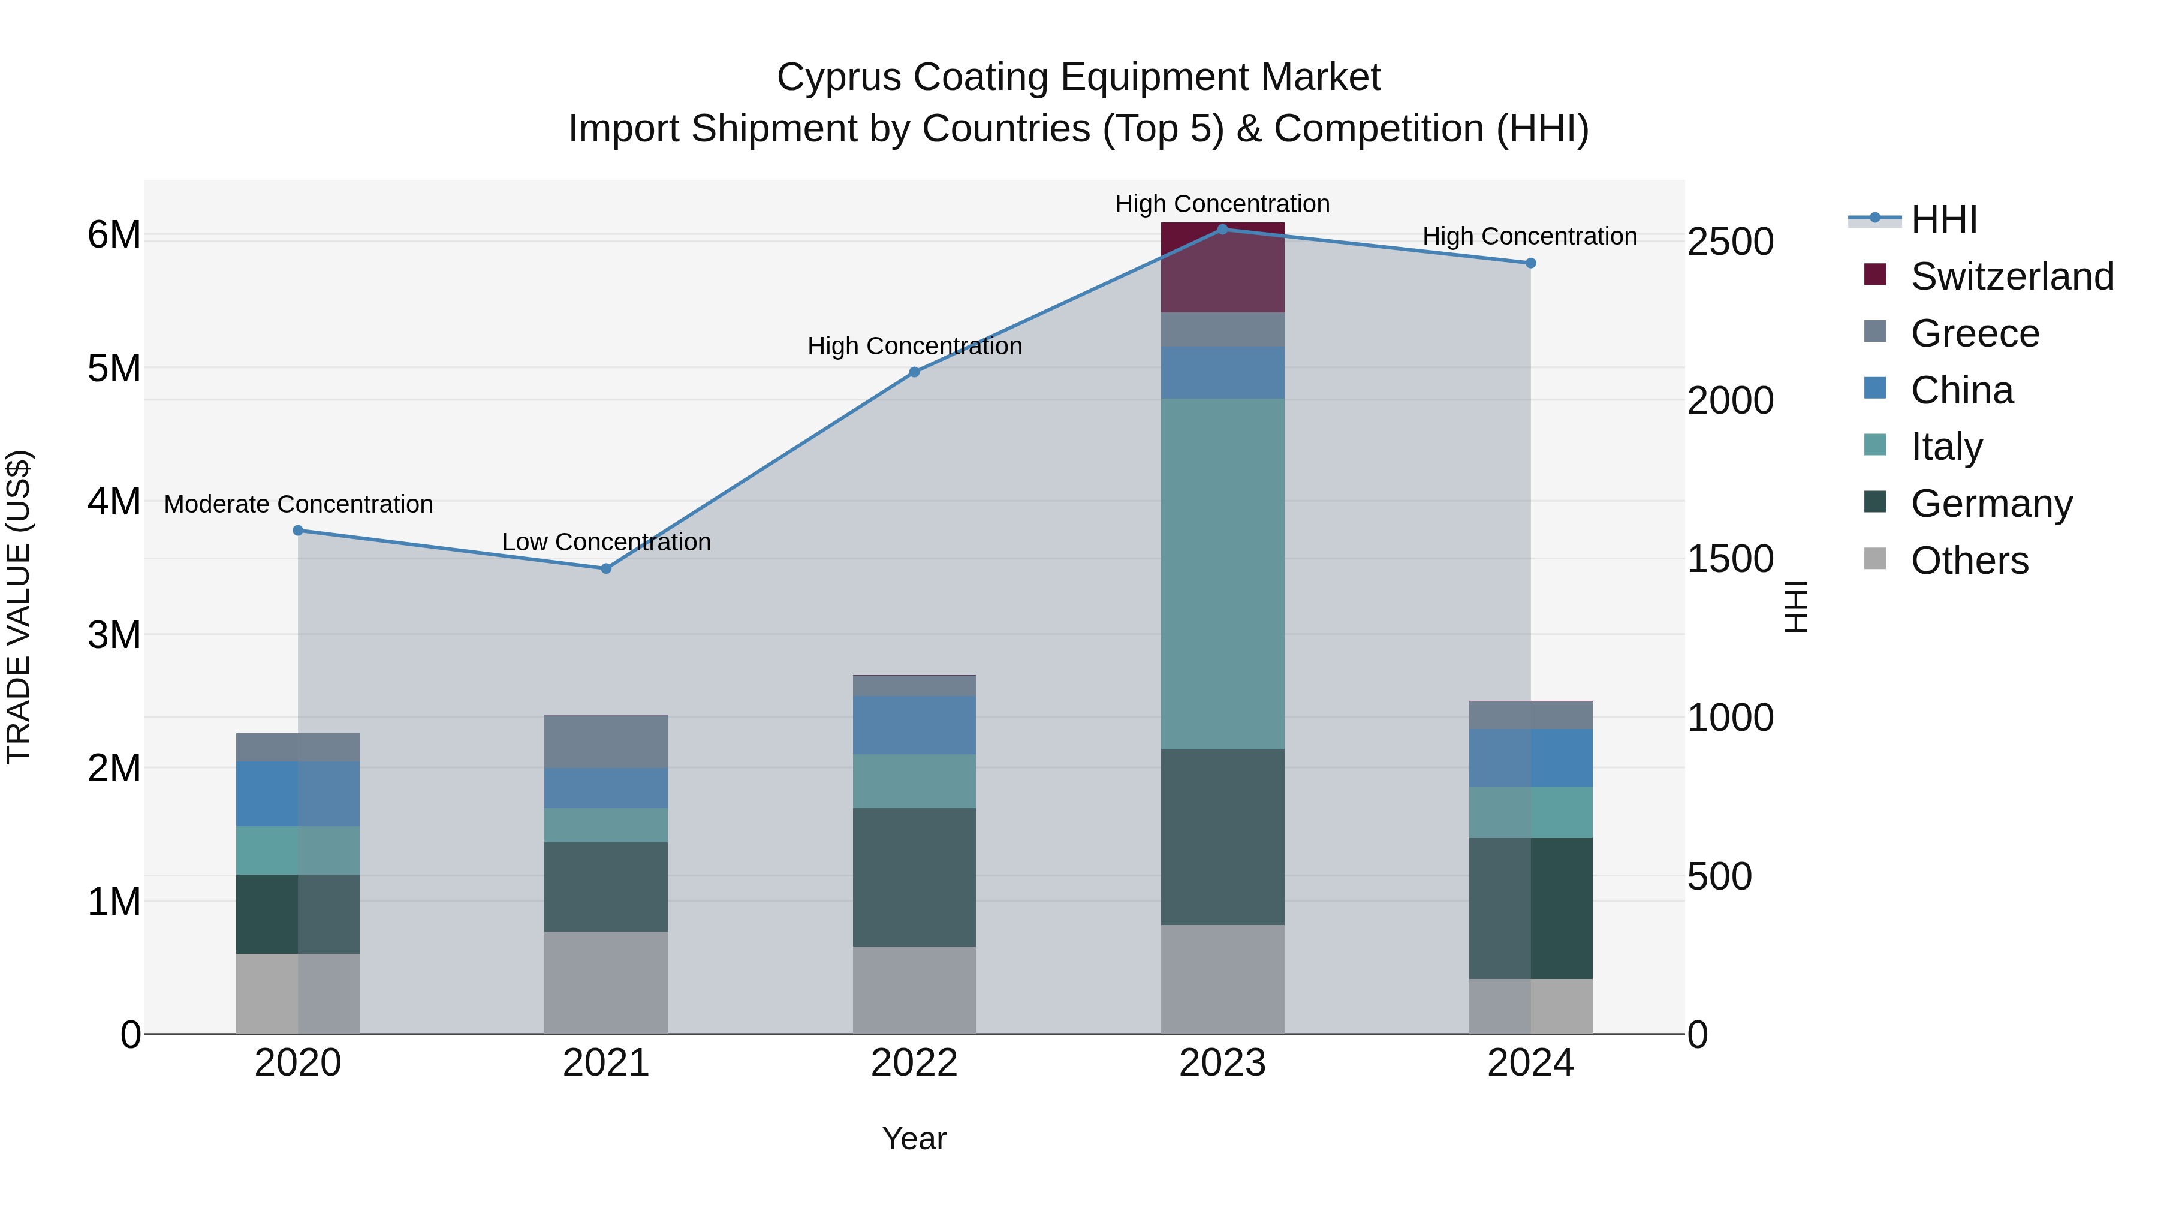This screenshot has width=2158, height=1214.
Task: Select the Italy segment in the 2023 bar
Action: click(x=1222, y=574)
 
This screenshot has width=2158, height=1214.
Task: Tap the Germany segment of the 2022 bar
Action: click(x=914, y=877)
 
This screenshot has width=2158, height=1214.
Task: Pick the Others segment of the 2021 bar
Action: click(x=605, y=982)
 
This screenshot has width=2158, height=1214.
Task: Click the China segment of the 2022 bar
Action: click(x=914, y=725)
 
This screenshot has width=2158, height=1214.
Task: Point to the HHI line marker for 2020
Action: click(x=299, y=531)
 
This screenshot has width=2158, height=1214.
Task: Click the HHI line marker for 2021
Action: click(x=605, y=568)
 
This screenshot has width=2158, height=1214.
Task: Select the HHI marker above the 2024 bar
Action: click(x=1530, y=263)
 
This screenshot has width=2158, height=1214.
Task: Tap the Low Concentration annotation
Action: click(x=605, y=542)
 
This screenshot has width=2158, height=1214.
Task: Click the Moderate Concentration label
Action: click(x=299, y=504)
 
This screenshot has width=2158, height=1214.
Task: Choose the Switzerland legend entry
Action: click(x=2011, y=276)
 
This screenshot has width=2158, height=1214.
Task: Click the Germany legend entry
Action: click(x=1990, y=504)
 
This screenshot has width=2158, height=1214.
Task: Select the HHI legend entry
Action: click(x=1943, y=219)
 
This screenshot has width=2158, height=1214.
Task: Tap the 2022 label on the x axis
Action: click(x=914, y=1063)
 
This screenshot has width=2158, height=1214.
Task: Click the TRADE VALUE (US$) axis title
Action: click(x=19, y=607)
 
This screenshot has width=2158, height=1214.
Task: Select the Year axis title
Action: click(x=914, y=1138)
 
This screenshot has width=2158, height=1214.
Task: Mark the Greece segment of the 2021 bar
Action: click(x=605, y=742)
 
